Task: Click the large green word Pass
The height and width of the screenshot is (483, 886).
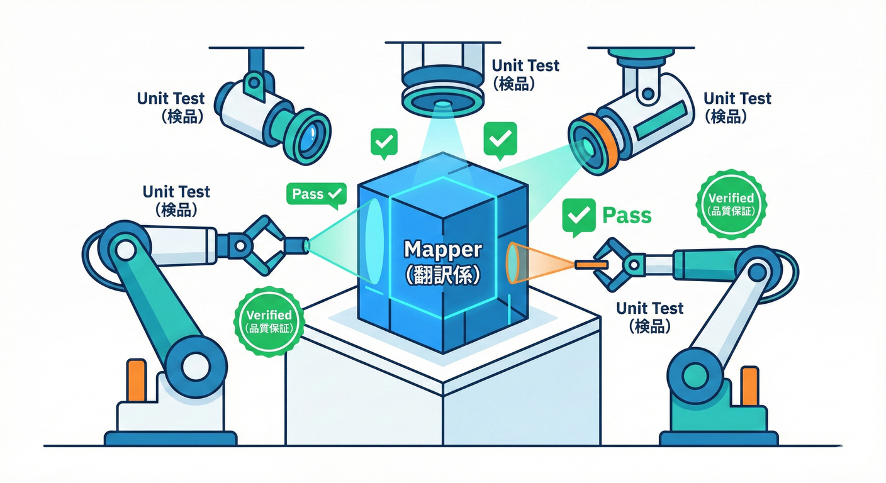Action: click(627, 215)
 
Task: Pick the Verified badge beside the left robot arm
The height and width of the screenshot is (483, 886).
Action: click(269, 319)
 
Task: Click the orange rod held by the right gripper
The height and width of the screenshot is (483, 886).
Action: click(592, 265)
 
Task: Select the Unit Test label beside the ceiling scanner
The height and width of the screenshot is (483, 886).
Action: click(525, 74)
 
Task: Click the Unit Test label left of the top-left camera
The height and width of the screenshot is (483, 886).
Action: click(171, 107)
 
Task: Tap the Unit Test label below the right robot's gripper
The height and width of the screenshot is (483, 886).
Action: click(649, 317)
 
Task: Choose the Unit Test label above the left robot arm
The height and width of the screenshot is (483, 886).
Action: click(176, 200)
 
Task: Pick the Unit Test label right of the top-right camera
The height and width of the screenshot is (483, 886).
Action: click(737, 107)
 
